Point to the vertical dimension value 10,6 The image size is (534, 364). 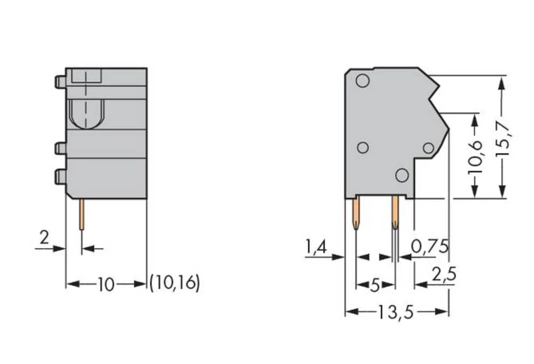click(475, 156)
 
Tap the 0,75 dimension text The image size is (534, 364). click(430, 247)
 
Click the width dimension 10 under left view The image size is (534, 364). click(106, 285)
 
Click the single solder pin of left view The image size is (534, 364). click(81, 214)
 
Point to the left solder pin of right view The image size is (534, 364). click(356, 213)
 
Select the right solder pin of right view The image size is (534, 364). click(395, 213)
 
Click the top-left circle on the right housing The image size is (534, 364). click(363, 81)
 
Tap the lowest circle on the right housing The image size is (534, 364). click(402, 175)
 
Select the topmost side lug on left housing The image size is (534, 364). click(60, 82)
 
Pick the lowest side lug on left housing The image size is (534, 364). click(60, 176)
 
